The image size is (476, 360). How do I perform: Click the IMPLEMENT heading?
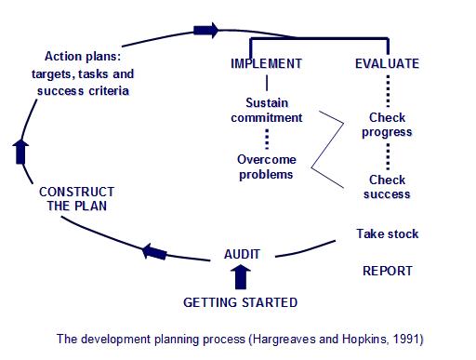coord(266,64)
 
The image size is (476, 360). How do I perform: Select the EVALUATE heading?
coord(387,64)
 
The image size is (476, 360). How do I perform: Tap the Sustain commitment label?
coord(268,111)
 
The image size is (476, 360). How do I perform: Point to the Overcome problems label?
coord(267,167)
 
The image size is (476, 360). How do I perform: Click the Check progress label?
coord(388,126)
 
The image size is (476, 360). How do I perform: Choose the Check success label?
coord(388,187)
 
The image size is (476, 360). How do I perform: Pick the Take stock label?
coord(388,233)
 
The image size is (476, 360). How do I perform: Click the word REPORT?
coord(387,271)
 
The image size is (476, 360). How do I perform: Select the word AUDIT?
coord(243,253)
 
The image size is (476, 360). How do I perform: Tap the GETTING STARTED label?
coord(240,302)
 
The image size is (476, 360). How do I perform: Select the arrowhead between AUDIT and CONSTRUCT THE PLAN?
coord(155,249)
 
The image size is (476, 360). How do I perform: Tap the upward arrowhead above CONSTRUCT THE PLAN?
coord(21,151)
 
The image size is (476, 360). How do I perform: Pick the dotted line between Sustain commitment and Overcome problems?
coord(267,139)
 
